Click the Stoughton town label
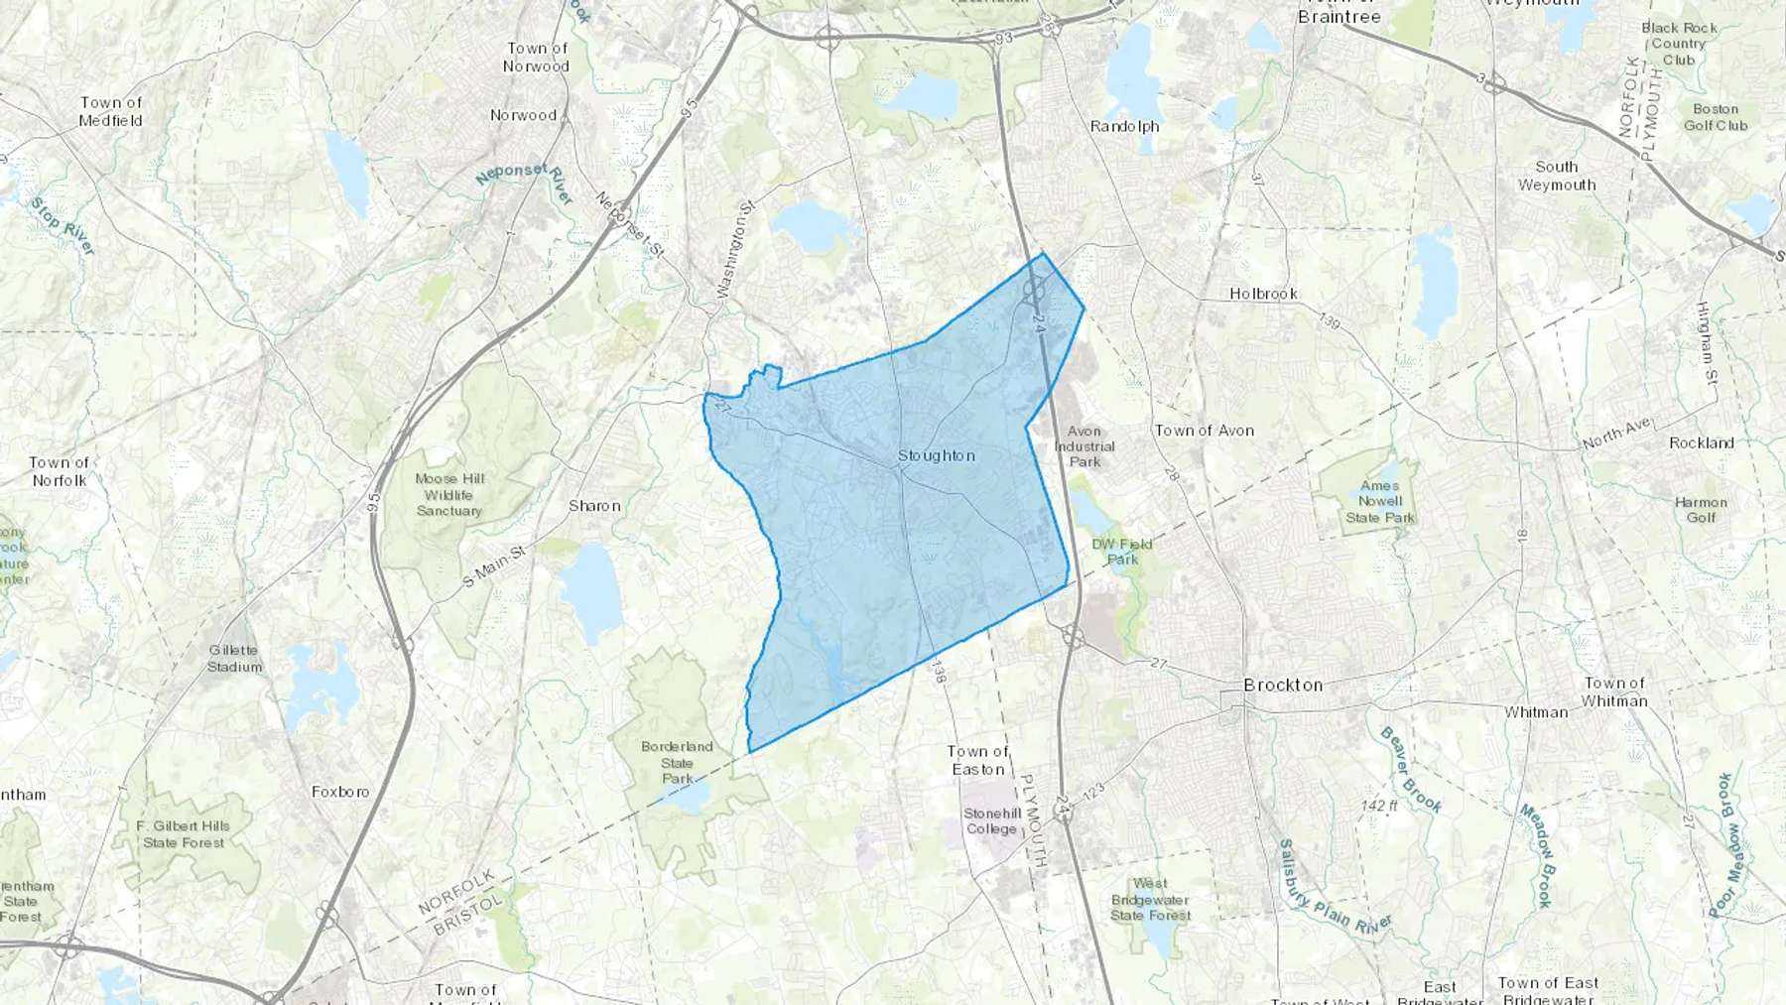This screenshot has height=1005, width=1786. pos(936,455)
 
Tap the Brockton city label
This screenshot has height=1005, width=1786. pos(1283,685)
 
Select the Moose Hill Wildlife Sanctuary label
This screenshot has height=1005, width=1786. pos(448,494)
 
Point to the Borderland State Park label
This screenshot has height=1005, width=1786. pos(677,762)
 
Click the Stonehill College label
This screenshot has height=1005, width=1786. pos(991,820)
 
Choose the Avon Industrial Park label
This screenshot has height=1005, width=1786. pos(1084,446)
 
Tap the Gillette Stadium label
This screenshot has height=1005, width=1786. pos(234,659)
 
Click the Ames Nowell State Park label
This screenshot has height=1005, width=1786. pos(1380,501)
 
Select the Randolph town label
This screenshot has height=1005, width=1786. pos(1124,126)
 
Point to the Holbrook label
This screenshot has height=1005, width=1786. pos(1263,294)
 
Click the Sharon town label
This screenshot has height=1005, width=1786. pos(594,506)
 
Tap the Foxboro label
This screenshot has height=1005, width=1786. pos(340,792)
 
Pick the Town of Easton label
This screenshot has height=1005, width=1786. pos(977,760)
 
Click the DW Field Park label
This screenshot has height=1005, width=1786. pos(1122,552)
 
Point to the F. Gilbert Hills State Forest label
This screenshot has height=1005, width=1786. pos(184,833)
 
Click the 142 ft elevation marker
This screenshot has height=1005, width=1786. pos(1379,806)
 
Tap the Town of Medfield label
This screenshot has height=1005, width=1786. pos(111,111)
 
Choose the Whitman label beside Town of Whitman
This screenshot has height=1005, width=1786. pos(1536,712)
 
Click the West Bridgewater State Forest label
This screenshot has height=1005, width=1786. pos(1150,899)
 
